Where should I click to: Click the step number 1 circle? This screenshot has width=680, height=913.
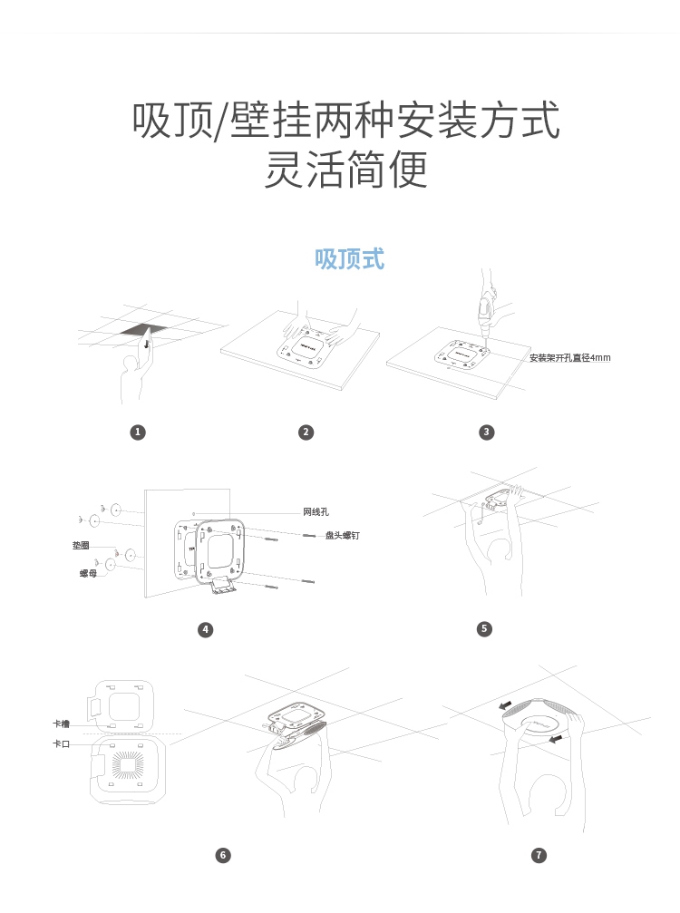138,432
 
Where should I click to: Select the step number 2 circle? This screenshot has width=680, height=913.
306,432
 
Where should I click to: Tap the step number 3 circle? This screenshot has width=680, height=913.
487,432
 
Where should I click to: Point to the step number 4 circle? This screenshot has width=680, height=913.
206,629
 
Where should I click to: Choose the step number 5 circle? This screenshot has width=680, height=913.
484,629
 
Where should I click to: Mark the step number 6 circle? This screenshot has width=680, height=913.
223,855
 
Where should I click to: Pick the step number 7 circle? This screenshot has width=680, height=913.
539,855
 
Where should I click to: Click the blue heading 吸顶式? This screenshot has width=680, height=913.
349,259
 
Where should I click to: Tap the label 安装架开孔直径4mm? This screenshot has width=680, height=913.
570,357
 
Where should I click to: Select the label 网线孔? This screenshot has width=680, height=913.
316,512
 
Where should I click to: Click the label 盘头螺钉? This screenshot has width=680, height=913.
343,535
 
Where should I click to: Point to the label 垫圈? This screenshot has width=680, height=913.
81,546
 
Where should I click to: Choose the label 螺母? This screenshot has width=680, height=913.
89,574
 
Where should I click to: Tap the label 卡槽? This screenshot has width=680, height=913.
61,724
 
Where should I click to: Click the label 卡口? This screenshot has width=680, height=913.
61,743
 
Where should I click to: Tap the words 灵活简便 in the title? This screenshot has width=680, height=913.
346,170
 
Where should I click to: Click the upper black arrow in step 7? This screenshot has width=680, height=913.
505,705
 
